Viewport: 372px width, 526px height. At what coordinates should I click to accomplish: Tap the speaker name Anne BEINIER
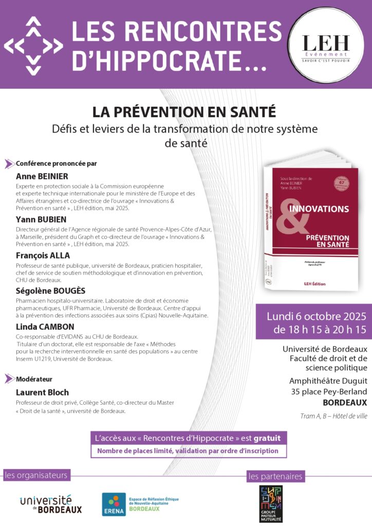(42, 176)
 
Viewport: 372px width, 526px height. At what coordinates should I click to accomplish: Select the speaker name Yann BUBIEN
(41, 219)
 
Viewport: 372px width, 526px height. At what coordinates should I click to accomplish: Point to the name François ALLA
(43, 256)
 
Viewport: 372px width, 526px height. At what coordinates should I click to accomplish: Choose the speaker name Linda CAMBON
(45, 326)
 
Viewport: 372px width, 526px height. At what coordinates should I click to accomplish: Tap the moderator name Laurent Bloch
(43, 393)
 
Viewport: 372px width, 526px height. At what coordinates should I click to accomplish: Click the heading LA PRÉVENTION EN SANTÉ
(184, 111)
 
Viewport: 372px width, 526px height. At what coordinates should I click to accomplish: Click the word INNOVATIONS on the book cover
(319, 209)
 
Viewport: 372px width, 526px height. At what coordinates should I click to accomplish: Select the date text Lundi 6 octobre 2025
(313, 315)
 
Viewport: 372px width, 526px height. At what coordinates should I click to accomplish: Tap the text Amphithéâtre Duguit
(328, 381)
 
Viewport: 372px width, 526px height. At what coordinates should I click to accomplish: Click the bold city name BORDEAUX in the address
(345, 402)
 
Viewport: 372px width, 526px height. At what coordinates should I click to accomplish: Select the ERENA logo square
(114, 504)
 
